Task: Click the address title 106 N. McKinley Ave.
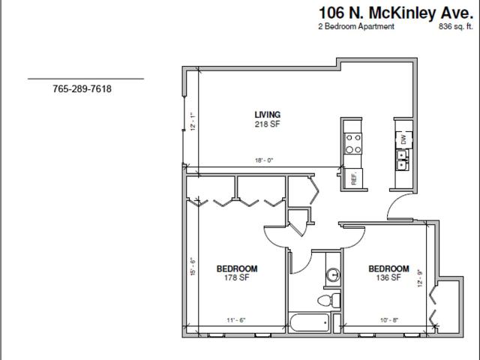(394, 13)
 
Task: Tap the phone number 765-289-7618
(82, 89)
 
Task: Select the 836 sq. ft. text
(456, 27)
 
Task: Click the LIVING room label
(268, 115)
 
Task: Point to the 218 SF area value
(268, 124)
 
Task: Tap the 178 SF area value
(237, 277)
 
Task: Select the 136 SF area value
(388, 277)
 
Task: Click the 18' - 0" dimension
(263, 160)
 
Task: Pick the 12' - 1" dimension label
(193, 121)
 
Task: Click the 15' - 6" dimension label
(193, 266)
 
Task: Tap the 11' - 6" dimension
(236, 320)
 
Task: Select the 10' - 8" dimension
(388, 320)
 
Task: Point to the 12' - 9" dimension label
(420, 277)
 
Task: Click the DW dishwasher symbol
(404, 140)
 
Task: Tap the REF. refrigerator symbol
(353, 178)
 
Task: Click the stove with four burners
(353, 143)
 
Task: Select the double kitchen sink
(402, 160)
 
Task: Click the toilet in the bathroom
(329, 300)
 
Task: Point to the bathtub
(309, 322)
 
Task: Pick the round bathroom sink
(333, 275)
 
